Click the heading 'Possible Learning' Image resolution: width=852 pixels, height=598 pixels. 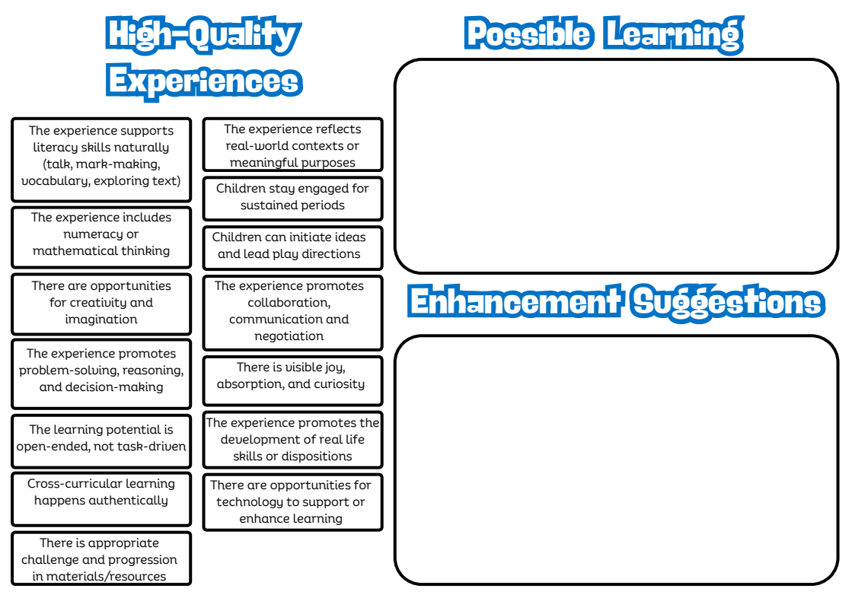click(x=603, y=33)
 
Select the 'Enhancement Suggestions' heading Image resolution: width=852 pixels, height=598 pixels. click(x=616, y=302)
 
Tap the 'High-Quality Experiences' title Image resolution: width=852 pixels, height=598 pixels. click(x=204, y=58)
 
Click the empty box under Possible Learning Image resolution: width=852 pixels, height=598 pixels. click(x=616, y=166)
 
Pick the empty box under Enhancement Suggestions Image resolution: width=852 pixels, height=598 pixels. click(x=616, y=460)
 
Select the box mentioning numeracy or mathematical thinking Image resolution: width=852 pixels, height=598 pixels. click(x=101, y=234)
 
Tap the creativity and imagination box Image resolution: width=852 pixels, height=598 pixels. click(x=101, y=303)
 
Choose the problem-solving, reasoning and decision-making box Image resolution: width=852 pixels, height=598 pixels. click(x=101, y=371)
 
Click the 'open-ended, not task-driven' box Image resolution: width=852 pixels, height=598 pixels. click(x=101, y=438)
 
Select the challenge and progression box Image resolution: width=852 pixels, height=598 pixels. click(x=101, y=560)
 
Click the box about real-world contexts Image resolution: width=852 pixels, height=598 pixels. click(x=292, y=146)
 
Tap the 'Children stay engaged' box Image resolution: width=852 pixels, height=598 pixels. click(x=292, y=197)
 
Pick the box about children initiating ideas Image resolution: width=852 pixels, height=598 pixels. click(x=292, y=246)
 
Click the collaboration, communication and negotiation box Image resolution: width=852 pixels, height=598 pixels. click(x=292, y=311)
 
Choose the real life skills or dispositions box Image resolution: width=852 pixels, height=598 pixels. click(x=292, y=440)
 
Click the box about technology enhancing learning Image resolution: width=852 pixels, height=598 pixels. click(x=292, y=502)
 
